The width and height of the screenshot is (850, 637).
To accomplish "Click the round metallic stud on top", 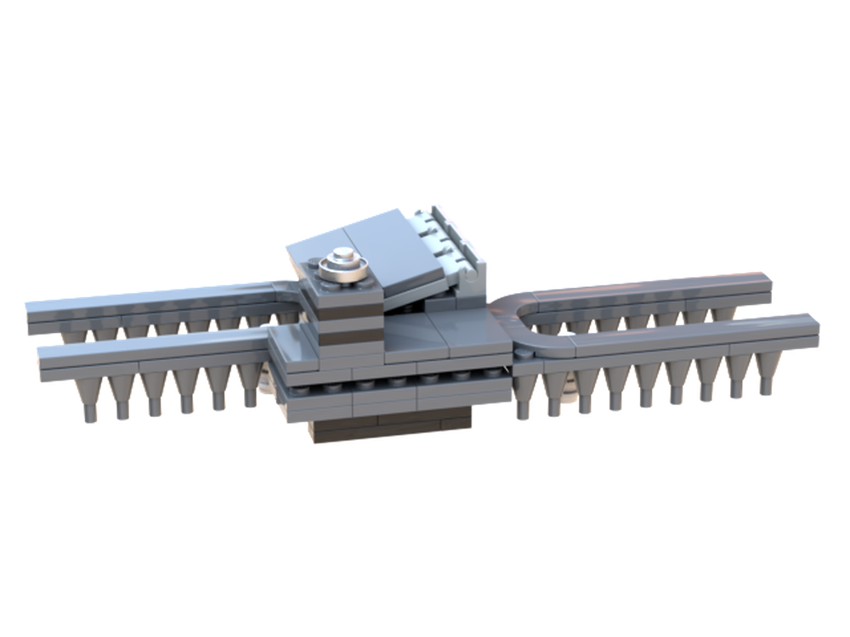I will point(345,262).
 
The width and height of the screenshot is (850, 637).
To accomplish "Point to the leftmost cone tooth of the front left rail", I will point(88,399).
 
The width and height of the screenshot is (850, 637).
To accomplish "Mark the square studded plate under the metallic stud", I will point(344,280).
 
